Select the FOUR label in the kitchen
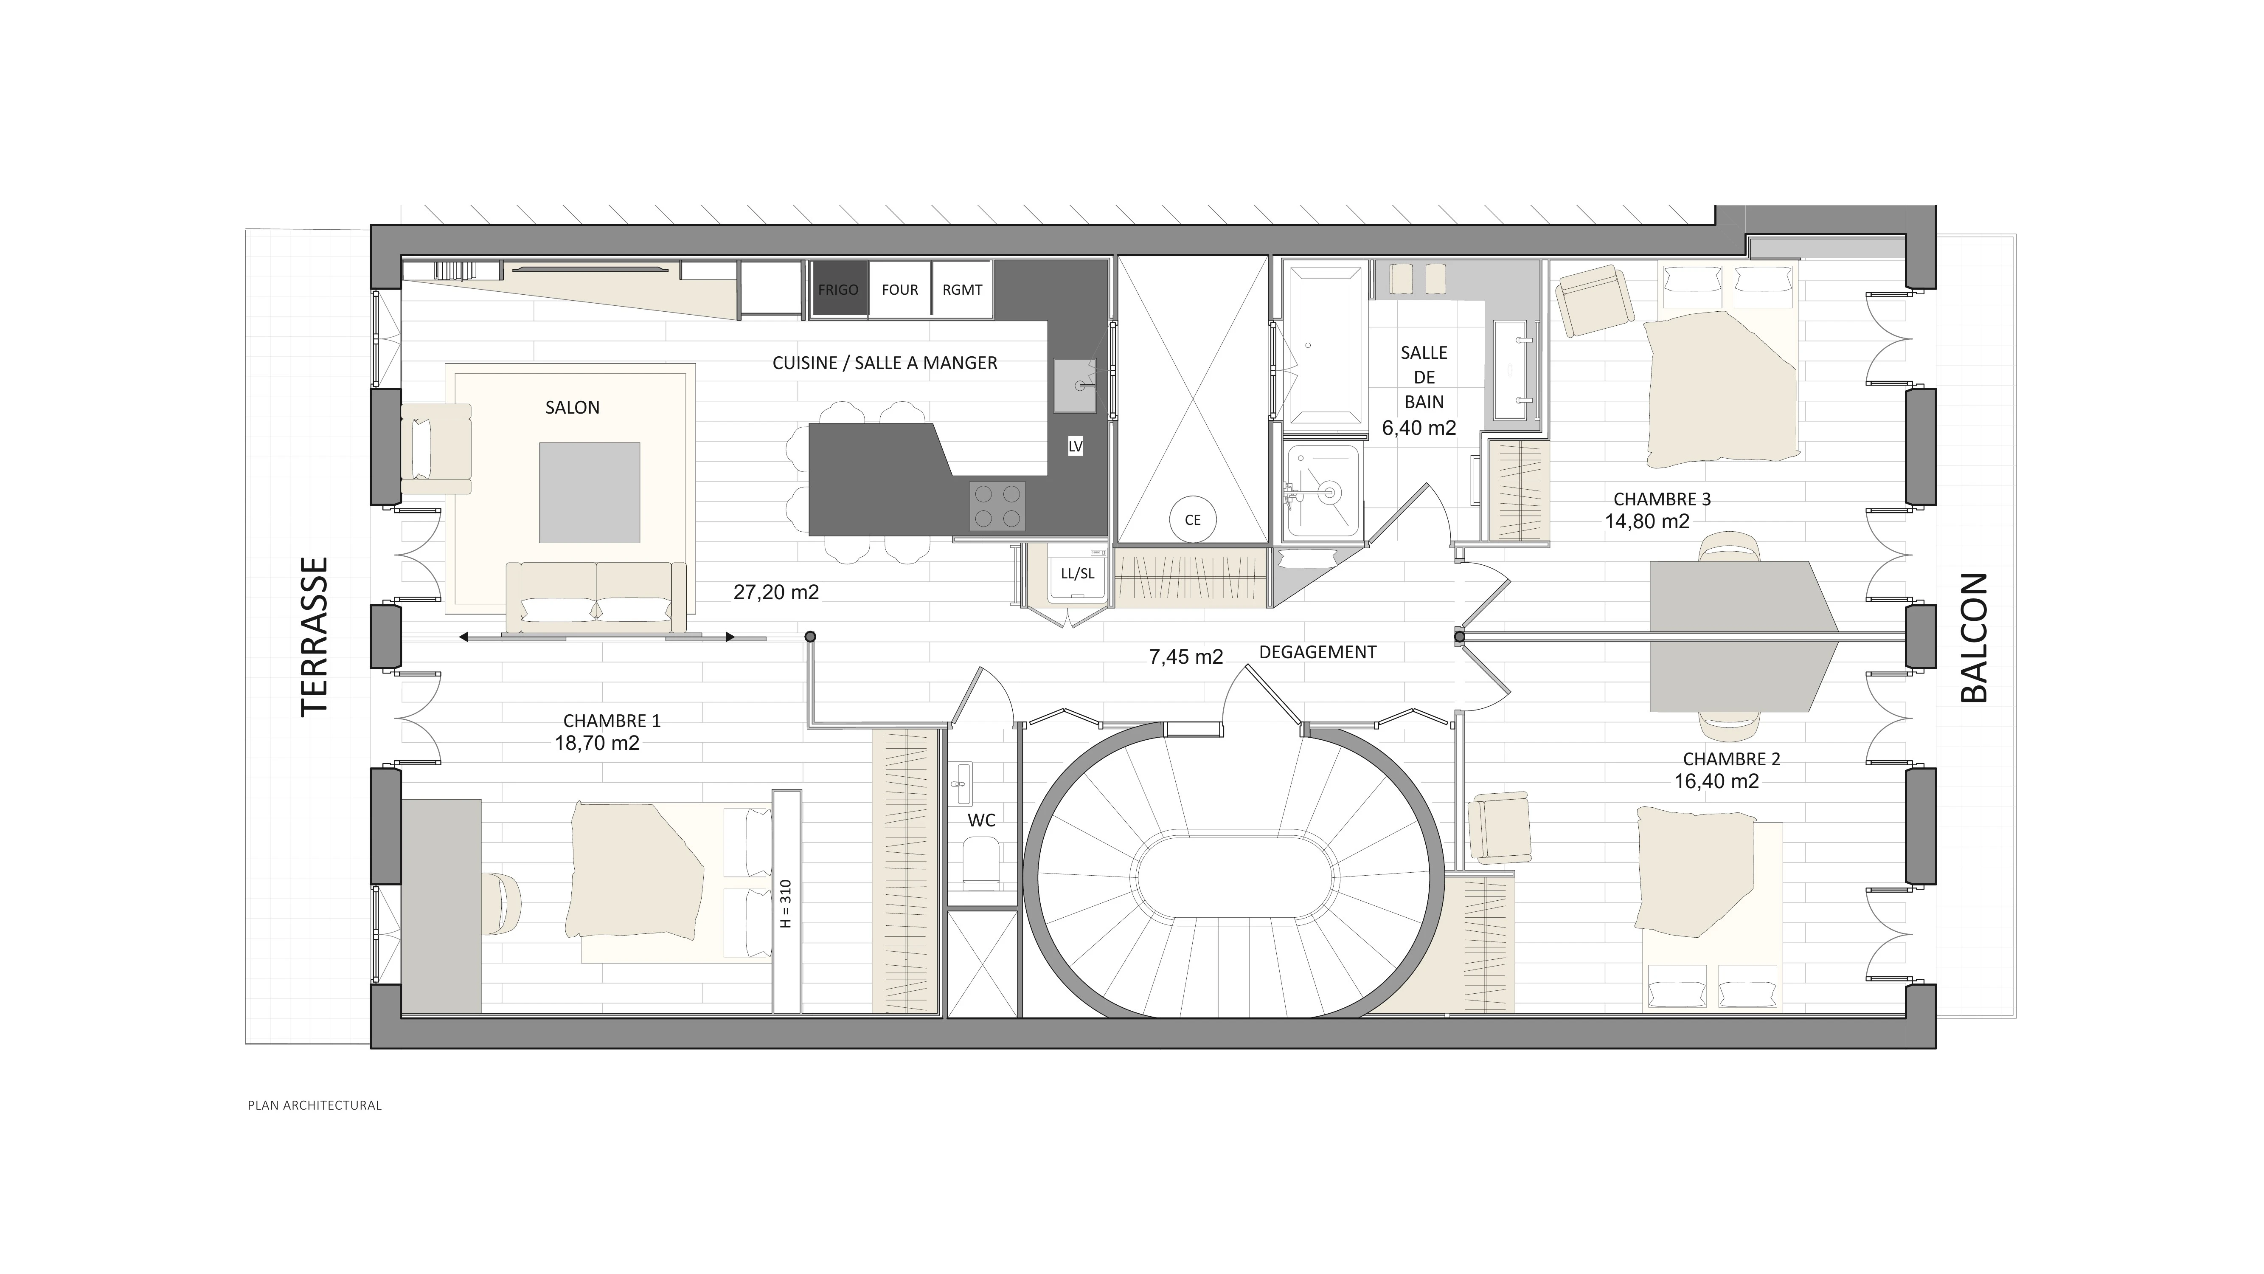(900, 289)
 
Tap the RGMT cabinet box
(962, 289)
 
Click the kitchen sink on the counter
(1075, 385)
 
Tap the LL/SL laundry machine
(1078, 573)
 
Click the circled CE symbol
(1193, 520)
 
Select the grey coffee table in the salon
(590, 492)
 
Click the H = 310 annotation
(787, 904)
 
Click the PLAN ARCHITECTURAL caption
(315, 1105)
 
